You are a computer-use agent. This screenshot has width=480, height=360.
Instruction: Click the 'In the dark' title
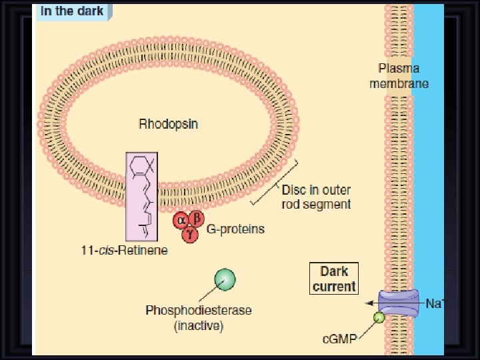click(72, 11)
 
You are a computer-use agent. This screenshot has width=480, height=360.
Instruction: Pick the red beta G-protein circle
click(196, 219)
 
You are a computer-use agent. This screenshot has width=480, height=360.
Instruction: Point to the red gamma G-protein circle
click(189, 233)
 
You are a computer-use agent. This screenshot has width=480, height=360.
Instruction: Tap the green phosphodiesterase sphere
click(225, 280)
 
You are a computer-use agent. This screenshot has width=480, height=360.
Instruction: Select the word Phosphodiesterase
click(189, 311)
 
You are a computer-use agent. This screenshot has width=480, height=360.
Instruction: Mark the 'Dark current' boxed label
click(334, 279)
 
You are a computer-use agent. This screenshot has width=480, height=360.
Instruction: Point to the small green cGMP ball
click(379, 318)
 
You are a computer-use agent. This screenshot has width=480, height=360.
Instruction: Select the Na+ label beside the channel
click(435, 303)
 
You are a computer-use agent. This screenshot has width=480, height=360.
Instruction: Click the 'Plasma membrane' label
click(403, 76)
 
